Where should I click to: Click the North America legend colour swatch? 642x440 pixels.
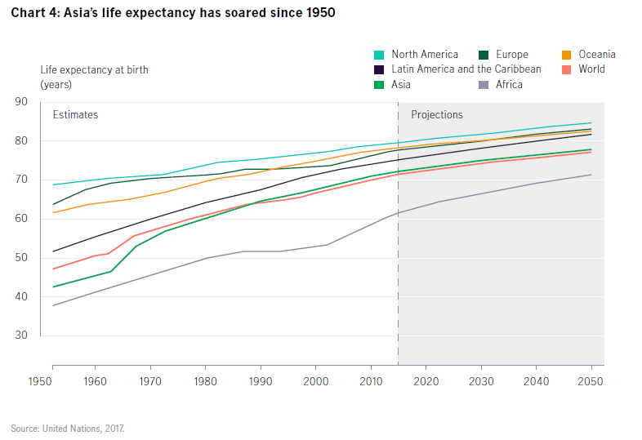pyautogui.click(x=379, y=55)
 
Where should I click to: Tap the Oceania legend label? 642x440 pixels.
pyautogui.click(x=597, y=55)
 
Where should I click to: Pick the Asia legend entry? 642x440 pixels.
pyautogui.click(x=400, y=84)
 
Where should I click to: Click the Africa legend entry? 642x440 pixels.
pyautogui.click(x=508, y=84)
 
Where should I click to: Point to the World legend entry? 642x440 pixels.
pyautogui.click(x=591, y=69)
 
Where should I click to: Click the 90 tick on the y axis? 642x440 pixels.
pyautogui.click(x=21, y=102)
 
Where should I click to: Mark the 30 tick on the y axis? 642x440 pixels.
pyautogui.click(x=21, y=336)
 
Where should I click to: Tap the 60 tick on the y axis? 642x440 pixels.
pyautogui.click(x=21, y=219)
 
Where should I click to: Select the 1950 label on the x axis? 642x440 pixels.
pyautogui.click(x=41, y=381)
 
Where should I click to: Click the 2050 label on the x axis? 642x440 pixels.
pyautogui.click(x=591, y=381)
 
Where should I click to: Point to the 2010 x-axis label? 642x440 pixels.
pyautogui.click(x=371, y=381)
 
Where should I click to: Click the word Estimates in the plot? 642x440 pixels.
pyautogui.click(x=75, y=115)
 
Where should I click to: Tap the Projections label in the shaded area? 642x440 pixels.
pyautogui.click(x=437, y=115)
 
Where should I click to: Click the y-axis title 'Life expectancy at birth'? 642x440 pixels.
pyautogui.click(x=94, y=69)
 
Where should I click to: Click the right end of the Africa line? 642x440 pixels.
pyautogui.click(x=591, y=175)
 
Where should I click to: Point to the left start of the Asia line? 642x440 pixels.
pyautogui.click(x=53, y=287)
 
